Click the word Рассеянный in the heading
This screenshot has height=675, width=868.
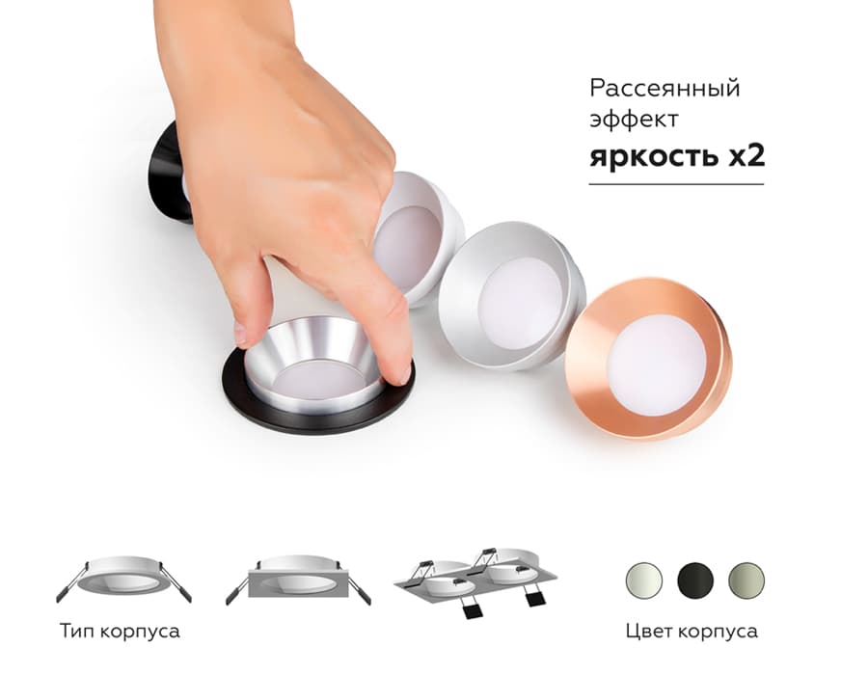coord(665,89)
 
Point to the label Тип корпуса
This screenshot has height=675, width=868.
coord(120,632)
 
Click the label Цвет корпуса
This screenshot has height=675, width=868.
coord(691,632)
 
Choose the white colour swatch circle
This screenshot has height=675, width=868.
coord(643,580)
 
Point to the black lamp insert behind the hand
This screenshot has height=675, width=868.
coord(170,174)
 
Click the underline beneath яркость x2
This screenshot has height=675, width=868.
coord(676,183)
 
